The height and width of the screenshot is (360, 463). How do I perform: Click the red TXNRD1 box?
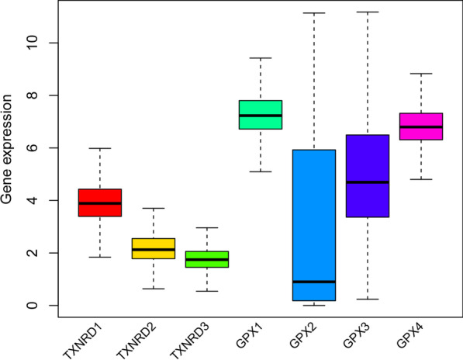(x=99, y=213)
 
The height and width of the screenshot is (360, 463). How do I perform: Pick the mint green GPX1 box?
(x=260, y=115)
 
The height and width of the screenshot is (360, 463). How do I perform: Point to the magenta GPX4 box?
(x=420, y=126)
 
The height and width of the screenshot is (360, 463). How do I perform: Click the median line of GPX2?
(x=313, y=282)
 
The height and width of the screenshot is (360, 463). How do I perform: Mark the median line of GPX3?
(x=367, y=182)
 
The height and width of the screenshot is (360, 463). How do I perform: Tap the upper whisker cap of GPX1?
(x=260, y=58)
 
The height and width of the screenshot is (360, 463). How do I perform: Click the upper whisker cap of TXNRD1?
(x=99, y=148)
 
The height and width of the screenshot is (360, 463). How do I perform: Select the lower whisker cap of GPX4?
(x=420, y=179)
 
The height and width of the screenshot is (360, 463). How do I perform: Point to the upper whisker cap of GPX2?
(x=313, y=13)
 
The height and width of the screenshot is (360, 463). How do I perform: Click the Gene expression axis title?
(x=9, y=159)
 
